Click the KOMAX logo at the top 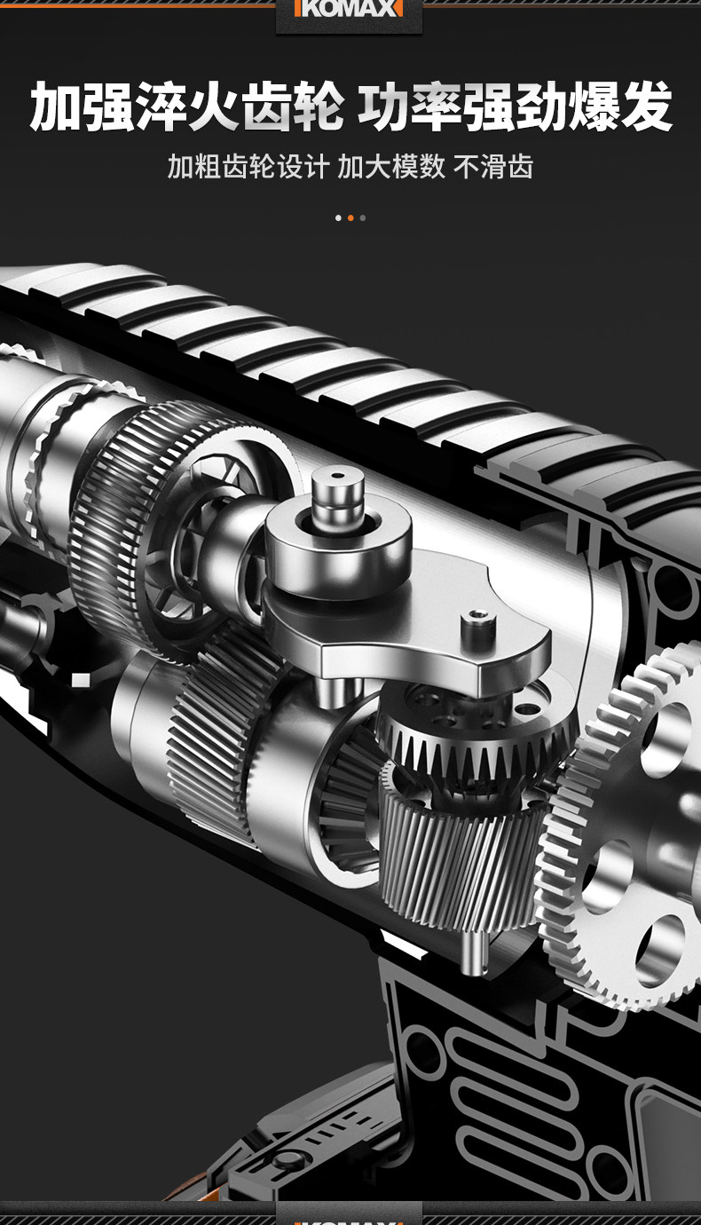[349, 9]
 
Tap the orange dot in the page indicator [350, 218]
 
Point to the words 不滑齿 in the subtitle [493, 166]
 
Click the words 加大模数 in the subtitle [391, 166]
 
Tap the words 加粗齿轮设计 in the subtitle [248, 166]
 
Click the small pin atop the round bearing [337, 495]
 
